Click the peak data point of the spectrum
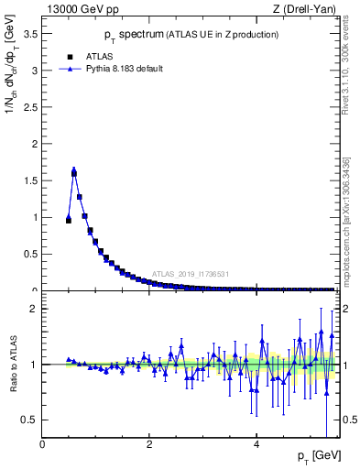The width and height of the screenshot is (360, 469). coord(74,171)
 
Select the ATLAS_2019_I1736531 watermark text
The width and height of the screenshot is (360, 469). coord(191,274)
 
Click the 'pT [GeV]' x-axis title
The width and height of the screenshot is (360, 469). coord(316,456)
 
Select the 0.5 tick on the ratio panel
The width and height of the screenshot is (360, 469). coord(34,420)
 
